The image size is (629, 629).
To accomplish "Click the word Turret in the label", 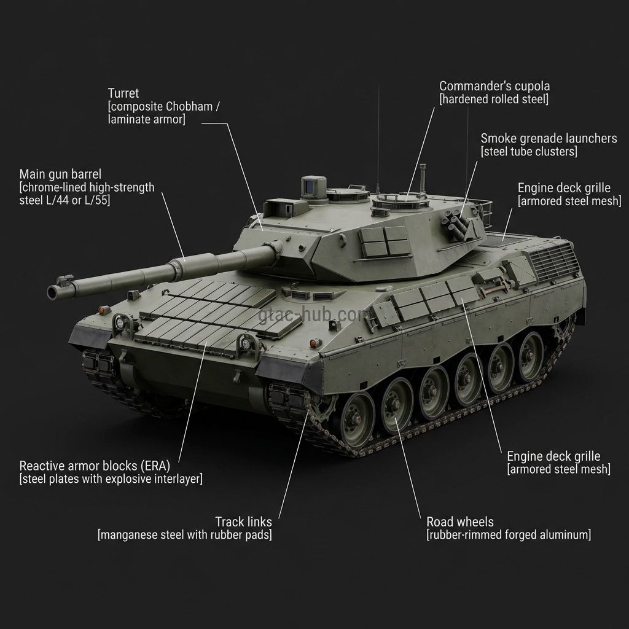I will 123,93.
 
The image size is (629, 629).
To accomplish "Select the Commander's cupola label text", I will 494,86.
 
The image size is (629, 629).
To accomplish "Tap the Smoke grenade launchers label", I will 549,138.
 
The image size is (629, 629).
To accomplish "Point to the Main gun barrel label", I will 60,174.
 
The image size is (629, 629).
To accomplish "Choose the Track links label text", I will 243,522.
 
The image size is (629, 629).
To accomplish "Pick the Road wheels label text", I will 459,522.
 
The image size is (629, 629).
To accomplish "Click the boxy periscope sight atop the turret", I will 313,187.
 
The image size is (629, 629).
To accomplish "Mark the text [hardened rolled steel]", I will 494,100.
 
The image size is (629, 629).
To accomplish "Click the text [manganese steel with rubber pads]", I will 184,535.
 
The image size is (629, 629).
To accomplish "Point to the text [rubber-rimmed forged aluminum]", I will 509,535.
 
